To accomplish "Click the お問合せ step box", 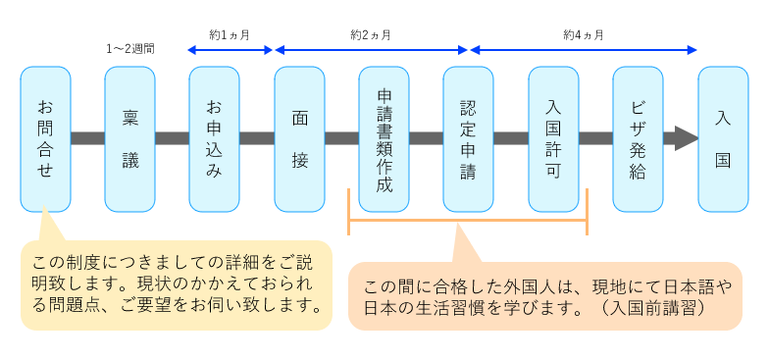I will [x=45, y=138].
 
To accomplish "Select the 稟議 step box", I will [x=129, y=138].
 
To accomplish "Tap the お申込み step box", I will [x=214, y=138].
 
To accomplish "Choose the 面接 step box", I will [x=299, y=138].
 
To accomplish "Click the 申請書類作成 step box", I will [x=384, y=138].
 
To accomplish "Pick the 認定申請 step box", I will [x=468, y=138].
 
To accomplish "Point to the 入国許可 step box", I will [x=553, y=138].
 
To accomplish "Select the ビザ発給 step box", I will [x=638, y=138].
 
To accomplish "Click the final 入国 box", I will [x=723, y=138].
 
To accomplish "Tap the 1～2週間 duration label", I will [x=130, y=47].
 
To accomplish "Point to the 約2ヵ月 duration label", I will [x=371, y=34].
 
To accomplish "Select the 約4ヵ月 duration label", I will [x=583, y=34].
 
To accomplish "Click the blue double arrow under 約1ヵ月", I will [x=231, y=49].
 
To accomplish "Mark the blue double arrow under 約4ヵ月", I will [x=584, y=49].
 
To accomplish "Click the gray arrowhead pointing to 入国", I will [x=683, y=138].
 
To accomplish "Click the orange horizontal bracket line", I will [x=467, y=233].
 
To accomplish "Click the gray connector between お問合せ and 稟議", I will [x=87, y=138].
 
